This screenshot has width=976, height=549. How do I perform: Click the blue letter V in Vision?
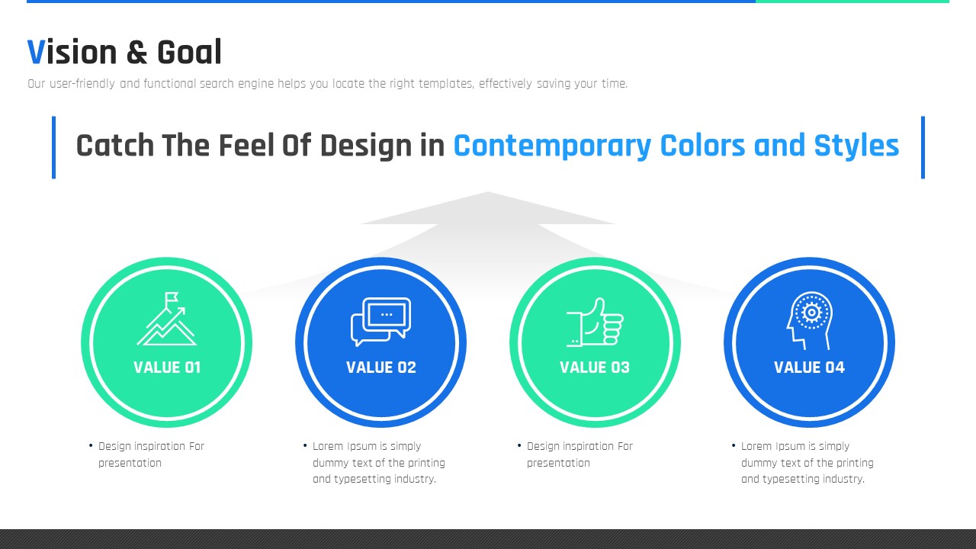point(36,53)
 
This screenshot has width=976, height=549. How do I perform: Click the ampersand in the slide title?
point(136,53)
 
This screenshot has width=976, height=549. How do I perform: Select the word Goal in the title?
point(189,53)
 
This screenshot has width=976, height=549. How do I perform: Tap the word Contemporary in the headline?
point(552,146)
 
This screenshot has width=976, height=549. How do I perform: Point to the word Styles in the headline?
point(856,146)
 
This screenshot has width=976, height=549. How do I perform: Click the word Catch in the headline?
point(115,146)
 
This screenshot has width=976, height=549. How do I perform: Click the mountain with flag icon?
point(167,319)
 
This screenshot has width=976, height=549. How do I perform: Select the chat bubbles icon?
point(380,322)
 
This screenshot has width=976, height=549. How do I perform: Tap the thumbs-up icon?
point(595,323)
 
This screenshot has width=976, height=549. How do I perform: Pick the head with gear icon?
point(810,320)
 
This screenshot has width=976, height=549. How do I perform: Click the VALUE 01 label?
point(167,368)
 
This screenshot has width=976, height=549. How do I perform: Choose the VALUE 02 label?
point(381,368)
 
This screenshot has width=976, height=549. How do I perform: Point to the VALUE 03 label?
point(595,368)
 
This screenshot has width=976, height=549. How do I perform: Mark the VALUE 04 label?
point(809,368)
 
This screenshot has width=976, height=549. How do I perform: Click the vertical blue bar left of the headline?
point(53,147)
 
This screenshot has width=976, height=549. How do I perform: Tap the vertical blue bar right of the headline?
point(923,147)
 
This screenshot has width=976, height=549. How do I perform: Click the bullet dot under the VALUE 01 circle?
point(91,445)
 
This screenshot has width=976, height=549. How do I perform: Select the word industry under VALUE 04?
point(847,480)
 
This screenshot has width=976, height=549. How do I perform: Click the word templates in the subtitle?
point(446,84)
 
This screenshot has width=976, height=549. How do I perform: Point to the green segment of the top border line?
point(852,2)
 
